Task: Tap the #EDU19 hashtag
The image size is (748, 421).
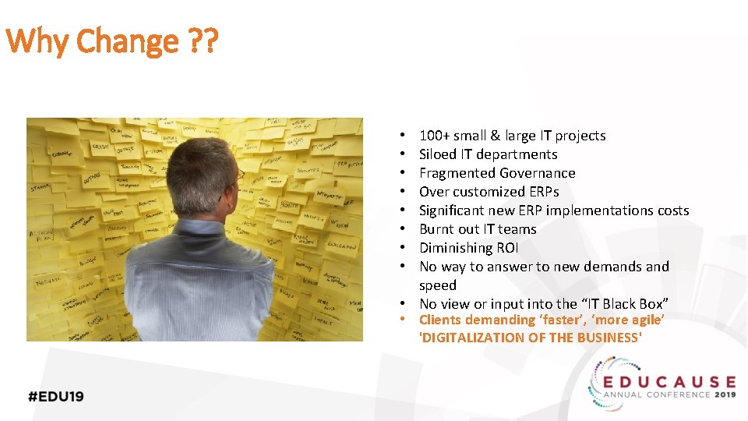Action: click(x=56, y=396)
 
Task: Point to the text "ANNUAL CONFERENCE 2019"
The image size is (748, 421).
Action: click(x=671, y=395)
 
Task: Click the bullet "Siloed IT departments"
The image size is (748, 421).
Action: click(x=488, y=154)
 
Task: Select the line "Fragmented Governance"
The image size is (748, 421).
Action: click(x=497, y=173)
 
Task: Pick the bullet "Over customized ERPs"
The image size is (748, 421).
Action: click(x=489, y=192)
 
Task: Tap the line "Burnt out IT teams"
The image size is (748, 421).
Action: click(x=478, y=229)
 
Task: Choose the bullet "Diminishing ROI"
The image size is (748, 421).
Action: click(x=468, y=248)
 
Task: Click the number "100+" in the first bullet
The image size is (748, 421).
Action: click(x=435, y=136)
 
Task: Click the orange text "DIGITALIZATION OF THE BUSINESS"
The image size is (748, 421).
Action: click(x=531, y=338)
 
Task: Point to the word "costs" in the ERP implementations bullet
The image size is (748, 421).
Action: click(x=672, y=210)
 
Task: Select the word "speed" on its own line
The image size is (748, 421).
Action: click(x=438, y=285)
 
